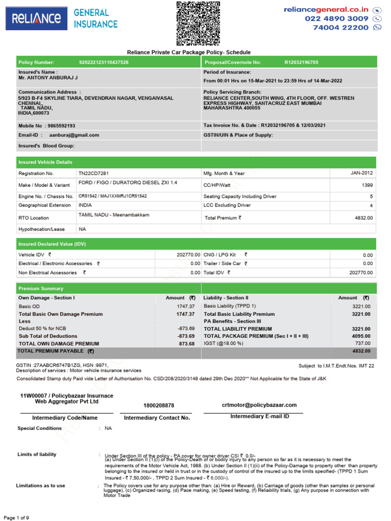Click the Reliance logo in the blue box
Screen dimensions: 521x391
point(36,19)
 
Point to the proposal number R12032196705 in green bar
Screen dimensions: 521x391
point(301,62)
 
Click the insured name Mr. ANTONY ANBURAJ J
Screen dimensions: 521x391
point(48,78)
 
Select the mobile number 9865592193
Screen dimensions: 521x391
point(61,125)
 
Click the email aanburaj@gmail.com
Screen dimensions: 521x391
point(74,135)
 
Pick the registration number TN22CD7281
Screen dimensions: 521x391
point(93,173)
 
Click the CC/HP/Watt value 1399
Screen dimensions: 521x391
point(367,185)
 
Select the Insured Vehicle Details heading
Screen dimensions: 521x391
point(45,162)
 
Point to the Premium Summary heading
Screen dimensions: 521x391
point(41,288)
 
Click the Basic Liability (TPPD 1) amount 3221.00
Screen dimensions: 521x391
point(361,307)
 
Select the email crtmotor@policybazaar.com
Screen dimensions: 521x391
point(259,405)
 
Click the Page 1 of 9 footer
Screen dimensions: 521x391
point(17,517)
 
